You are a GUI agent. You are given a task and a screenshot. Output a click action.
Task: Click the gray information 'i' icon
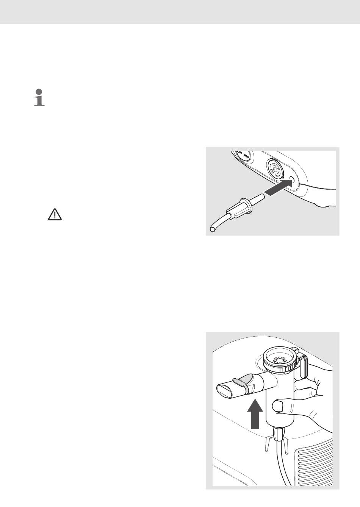[x=39, y=97]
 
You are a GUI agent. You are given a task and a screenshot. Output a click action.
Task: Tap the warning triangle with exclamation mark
[x=55, y=215]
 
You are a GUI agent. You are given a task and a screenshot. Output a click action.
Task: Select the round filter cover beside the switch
[x=275, y=170]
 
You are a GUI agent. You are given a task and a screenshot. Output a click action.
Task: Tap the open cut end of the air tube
[x=212, y=229]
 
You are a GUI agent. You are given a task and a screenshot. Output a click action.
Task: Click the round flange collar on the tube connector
[x=245, y=206]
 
